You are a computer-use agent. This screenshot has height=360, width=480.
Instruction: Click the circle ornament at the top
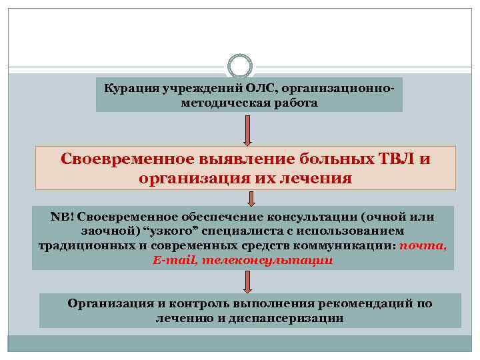pos(239,65)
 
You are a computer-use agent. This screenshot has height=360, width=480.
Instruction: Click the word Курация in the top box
pos(128,89)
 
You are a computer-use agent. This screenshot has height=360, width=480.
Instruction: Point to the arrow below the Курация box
pos(247,129)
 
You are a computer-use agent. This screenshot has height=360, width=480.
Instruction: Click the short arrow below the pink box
pos(251,198)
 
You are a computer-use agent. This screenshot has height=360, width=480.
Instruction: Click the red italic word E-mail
pos(173,259)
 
